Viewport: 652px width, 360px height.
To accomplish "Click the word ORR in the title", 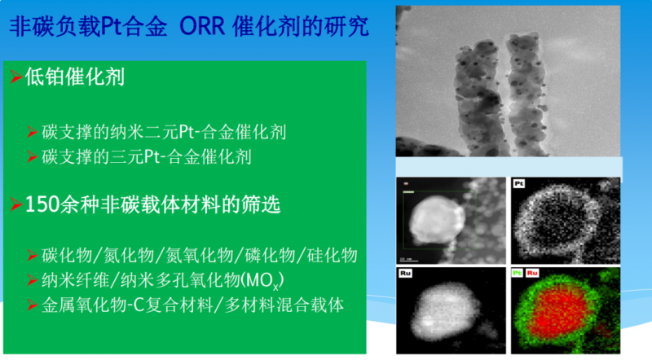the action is pos(202,26).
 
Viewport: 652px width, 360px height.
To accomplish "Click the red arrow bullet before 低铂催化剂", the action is pos(15,77).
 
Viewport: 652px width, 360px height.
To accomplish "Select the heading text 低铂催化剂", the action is pos(75,77).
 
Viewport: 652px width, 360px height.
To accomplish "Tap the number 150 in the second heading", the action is pos(42,204).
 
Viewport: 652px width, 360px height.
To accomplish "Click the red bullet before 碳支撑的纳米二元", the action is pos(33,132).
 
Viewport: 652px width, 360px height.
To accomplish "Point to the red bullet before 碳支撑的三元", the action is pos(33,156).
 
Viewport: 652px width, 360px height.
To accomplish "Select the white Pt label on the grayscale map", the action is pos(518,183).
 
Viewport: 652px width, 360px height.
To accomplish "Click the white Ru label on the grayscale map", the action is pos(405,273).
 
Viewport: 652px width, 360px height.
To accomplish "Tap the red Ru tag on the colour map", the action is pos(532,273).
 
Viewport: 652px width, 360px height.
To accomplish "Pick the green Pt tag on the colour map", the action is pos(517,273).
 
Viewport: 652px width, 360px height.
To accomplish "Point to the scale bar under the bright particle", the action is pos(408,261).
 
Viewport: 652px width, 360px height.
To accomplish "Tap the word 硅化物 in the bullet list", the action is pos(333,255).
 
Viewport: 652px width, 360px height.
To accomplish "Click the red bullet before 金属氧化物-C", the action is pos(33,305).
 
